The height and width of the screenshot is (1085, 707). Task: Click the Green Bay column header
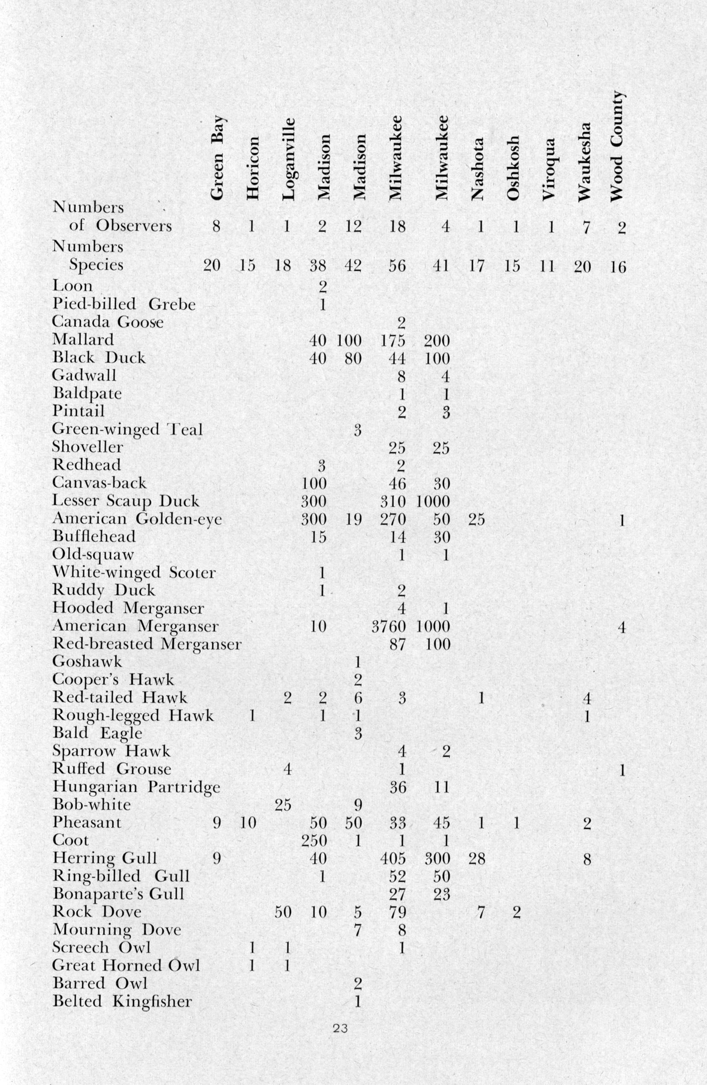(217, 157)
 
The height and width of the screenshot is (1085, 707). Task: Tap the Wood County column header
(616, 146)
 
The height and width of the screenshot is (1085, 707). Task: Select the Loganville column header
(288, 159)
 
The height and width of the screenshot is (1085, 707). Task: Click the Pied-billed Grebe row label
(123, 304)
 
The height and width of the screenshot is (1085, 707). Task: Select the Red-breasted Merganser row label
(147, 644)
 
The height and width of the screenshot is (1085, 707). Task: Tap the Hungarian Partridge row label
(136, 787)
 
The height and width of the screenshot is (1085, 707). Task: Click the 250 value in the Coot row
(314, 841)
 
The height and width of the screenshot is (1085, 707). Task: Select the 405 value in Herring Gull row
(393, 859)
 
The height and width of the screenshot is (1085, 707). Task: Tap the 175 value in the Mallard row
(393, 341)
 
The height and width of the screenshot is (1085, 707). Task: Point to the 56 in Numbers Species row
(397, 265)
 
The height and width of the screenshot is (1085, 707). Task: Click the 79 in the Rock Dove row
(397, 912)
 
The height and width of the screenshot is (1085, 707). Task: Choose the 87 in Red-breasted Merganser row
(397, 644)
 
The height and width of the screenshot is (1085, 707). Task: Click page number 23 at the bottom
(340, 1029)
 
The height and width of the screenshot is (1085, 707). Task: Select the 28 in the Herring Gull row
(477, 859)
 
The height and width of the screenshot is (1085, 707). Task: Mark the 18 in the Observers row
(397, 226)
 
